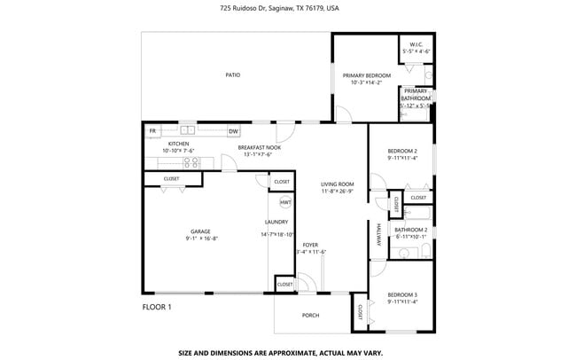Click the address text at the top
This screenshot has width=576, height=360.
(x=279, y=8)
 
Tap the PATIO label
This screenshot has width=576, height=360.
(x=232, y=75)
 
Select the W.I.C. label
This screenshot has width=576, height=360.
(x=416, y=44)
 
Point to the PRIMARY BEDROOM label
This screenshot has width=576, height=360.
(x=366, y=76)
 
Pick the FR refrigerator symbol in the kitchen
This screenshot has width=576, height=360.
(x=152, y=131)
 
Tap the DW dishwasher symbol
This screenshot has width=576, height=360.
(x=233, y=131)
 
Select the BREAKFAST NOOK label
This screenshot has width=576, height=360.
(x=260, y=147)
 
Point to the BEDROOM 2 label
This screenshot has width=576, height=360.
(x=402, y=151)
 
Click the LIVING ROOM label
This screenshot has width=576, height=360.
(x=337, y=184)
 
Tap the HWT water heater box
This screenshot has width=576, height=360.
(x=285, y=203)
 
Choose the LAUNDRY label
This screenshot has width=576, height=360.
(x=276, y=222)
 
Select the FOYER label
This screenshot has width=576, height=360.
(x=310, y=244)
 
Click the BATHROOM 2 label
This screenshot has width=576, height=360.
(x=410, y=229)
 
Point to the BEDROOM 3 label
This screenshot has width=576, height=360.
(x=402, y=294)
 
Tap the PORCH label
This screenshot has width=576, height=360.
(x=311, y=315)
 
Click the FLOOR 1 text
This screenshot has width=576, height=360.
(x=157, y=308)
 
